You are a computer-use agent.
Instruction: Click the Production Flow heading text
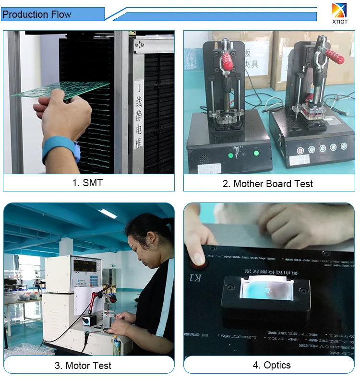coord(37,14)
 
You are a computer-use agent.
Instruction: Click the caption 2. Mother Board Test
coord(268,183)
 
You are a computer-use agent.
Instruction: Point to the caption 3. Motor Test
coord(83,365)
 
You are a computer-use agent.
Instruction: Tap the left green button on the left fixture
coord(231,154)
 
